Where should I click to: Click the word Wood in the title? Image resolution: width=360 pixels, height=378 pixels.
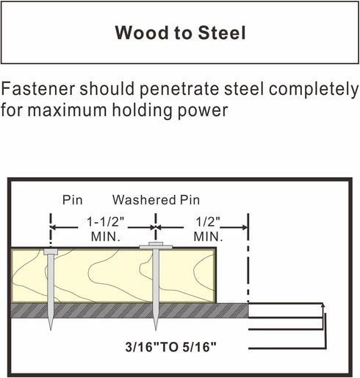pos(142,32)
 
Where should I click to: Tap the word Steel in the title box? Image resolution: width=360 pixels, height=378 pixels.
pos(222,32)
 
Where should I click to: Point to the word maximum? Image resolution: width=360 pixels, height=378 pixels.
pos(67,110)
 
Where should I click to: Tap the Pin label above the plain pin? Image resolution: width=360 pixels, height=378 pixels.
pos(72,200)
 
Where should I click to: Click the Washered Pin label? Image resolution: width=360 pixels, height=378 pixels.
pos(156,200)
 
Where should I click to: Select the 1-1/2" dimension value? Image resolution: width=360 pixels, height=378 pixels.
pos(106,222)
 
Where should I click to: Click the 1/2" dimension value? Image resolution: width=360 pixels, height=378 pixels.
pos(208,222)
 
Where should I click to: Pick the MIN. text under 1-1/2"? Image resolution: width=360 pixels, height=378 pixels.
pos(106,237)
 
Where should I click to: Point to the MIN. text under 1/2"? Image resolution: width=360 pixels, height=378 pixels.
pos(208,237)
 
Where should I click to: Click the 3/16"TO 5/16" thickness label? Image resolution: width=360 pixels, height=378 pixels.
pos(170,347)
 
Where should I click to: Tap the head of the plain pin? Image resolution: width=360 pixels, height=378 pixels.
pos(51,252)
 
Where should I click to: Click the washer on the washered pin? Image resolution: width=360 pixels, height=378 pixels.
pos(156,247)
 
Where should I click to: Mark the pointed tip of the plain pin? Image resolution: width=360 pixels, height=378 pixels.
pos(51,329)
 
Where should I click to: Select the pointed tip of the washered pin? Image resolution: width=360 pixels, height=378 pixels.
pos(156,329)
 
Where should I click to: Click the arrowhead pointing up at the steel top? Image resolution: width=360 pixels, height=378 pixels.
pos(323,305)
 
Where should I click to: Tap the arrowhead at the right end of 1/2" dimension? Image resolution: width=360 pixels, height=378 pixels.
pos(245,227)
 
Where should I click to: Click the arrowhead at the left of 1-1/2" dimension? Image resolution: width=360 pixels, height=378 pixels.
pos(54,227)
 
